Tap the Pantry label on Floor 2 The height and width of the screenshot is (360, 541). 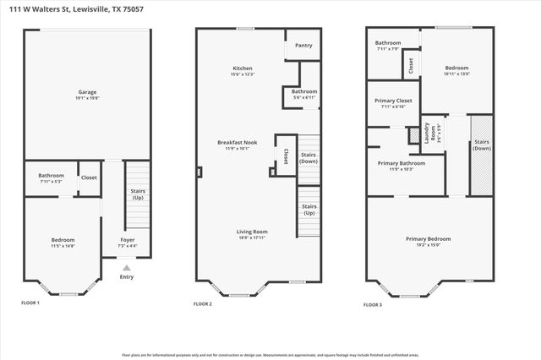303,46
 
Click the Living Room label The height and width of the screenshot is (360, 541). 253,233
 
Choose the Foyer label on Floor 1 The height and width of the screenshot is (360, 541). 127,242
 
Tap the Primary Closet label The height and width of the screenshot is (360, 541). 392,103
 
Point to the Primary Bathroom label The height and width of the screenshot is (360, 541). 401,165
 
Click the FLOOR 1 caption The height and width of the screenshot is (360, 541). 30,303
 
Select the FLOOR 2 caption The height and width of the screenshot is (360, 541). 203,303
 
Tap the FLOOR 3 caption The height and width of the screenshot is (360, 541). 374,303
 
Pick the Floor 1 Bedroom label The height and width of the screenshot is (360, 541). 63,243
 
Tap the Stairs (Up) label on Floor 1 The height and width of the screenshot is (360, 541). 138,194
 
